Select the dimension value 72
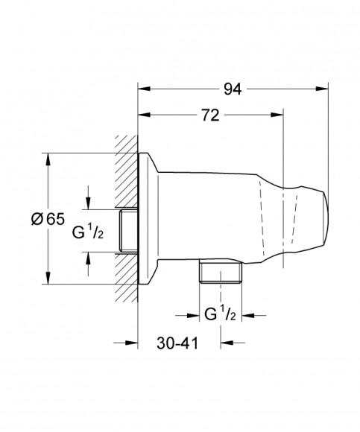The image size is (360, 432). (x=210, y=115)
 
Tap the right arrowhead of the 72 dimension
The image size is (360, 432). (x=280, y=115)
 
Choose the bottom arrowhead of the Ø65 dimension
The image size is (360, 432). (x=49, y=282)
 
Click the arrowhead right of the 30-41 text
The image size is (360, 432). (x=228, y=343)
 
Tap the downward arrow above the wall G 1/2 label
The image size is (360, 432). (x=87, y=204)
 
